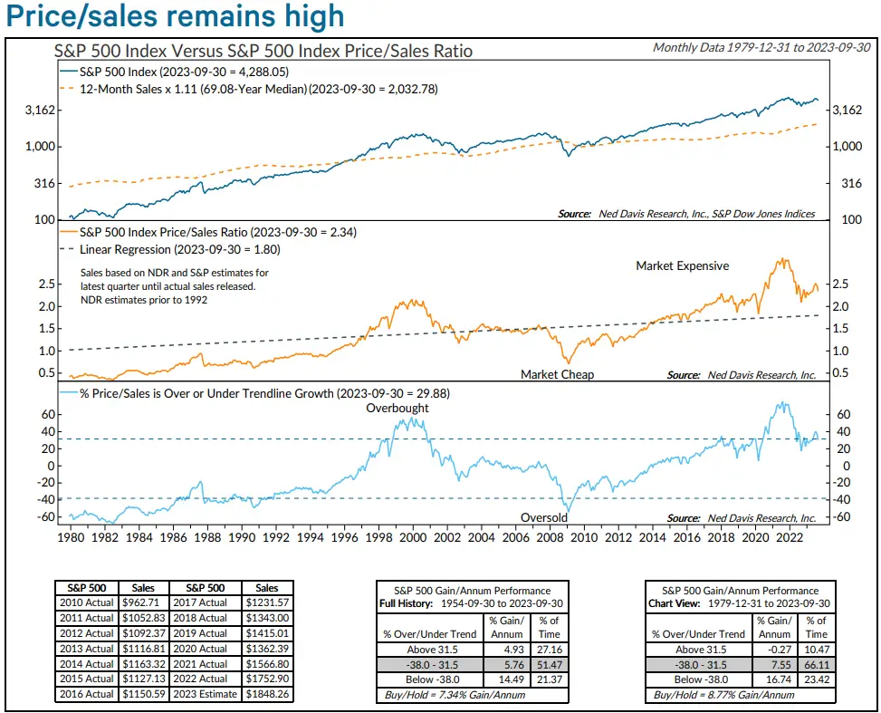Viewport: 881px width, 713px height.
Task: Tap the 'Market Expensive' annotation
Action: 682,266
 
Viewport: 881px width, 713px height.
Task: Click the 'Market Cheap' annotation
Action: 558,374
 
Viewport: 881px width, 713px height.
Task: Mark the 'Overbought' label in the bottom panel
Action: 397,408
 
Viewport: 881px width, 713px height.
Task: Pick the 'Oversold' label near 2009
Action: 544,517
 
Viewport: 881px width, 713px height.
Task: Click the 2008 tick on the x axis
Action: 550,537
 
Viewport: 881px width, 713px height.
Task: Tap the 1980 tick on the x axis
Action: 71,537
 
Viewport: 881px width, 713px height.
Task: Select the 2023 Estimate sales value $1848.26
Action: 266,694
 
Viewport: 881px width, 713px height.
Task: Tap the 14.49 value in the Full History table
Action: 502,679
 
